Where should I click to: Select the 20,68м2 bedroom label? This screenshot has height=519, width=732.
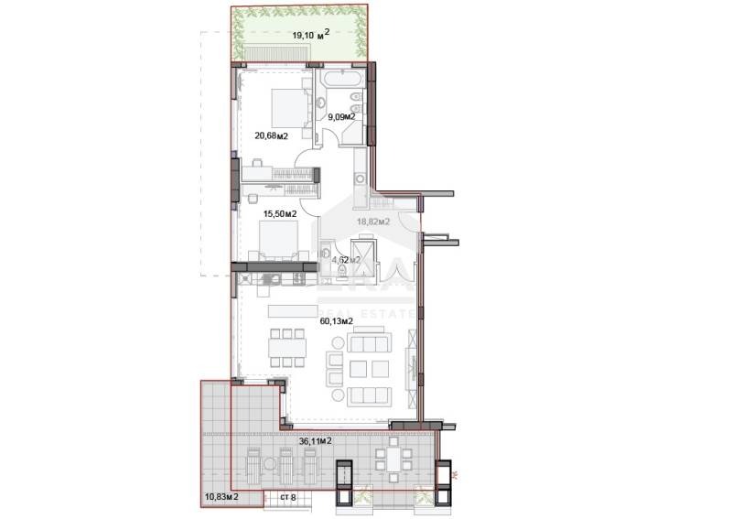271,136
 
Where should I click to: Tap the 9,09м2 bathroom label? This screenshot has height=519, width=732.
341,117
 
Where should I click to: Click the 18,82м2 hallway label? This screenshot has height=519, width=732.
372,222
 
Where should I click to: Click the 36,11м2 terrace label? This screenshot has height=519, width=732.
314,440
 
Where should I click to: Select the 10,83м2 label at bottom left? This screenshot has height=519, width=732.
221,496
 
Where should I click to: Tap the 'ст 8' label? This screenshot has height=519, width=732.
289,496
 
